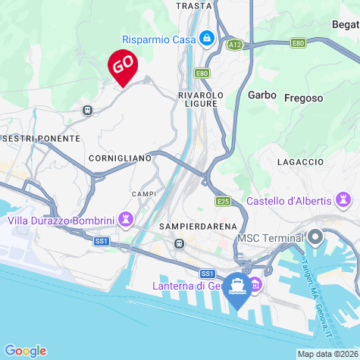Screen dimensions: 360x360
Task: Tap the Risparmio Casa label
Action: coord(159,39)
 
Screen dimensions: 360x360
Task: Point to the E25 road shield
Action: coord(223,202)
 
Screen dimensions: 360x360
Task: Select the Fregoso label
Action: coord(303,98)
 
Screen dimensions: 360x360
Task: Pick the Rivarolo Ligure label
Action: coord(201,99)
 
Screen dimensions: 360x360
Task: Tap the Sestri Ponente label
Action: coord(42,139)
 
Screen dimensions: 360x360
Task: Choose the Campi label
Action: coord(143,194)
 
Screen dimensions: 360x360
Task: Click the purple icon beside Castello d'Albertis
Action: coord(343,201)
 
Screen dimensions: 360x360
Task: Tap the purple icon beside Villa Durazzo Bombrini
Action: coord(127,221)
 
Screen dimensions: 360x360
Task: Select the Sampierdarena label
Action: coord(199,227)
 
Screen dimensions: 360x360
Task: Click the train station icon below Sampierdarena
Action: coord(179,243)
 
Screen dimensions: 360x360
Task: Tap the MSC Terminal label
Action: coord(271,238)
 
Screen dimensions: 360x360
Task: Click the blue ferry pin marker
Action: coord(238,287)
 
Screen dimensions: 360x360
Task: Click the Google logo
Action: coord(25,350)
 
